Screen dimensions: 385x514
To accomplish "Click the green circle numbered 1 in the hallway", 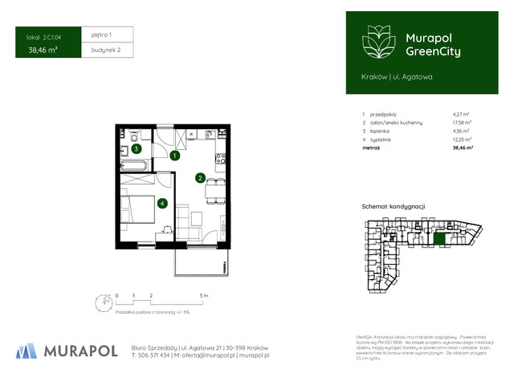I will tap(175, 156).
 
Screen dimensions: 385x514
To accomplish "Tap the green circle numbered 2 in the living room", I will tap(201, 178).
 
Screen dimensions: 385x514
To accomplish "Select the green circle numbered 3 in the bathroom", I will tap(137, 148).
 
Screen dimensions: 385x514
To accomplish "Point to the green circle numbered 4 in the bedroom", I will tap(162, 204).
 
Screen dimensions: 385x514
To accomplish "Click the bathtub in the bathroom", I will tap(133, 165).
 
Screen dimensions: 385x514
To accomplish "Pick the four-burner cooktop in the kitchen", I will tap(220, 156).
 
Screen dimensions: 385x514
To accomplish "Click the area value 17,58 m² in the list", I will tap(462, 123).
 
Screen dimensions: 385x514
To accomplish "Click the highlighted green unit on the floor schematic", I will tap(439, 237).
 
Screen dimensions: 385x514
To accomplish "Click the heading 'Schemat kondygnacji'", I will tap(394, 207).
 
